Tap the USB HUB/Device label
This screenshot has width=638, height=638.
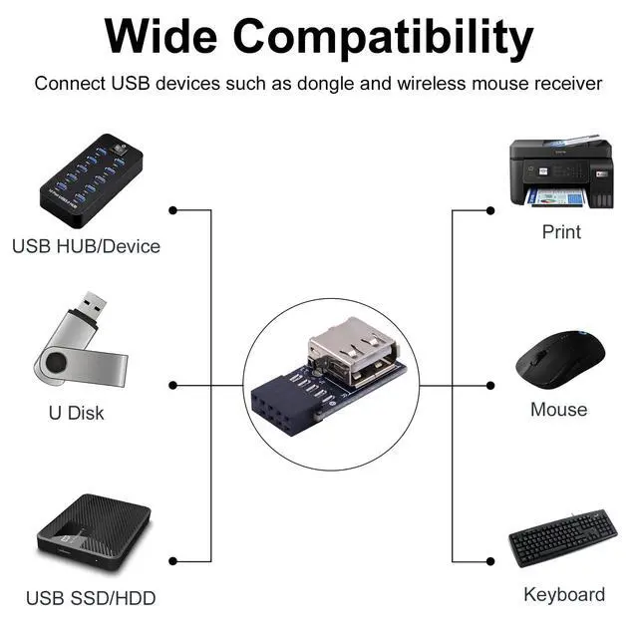pos(86,245)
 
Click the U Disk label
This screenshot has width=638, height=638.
pos(76,413)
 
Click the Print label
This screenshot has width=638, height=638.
pos(561,232)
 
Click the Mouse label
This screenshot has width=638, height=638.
pos(558,410)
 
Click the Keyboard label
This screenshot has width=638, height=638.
pos(563,595)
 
